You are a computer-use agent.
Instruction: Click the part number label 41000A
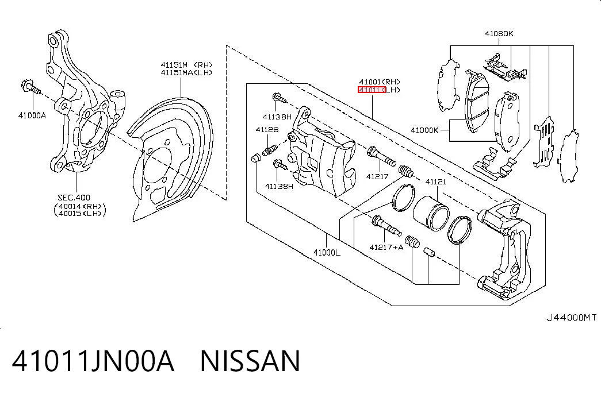(x=32, y=115)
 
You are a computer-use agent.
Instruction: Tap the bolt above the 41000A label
(x=30, y=87)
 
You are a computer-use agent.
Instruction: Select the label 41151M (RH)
(x=186, y=65)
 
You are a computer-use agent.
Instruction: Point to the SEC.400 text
(x=74, y=198)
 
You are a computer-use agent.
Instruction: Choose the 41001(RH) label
(x=380, y=82)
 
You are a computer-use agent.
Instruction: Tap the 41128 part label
(x=267, y=130)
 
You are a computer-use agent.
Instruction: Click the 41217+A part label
(x=386, y=248)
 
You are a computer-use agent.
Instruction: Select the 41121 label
(x=436, y=181)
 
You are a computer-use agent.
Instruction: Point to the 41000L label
(x=327, y=252)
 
